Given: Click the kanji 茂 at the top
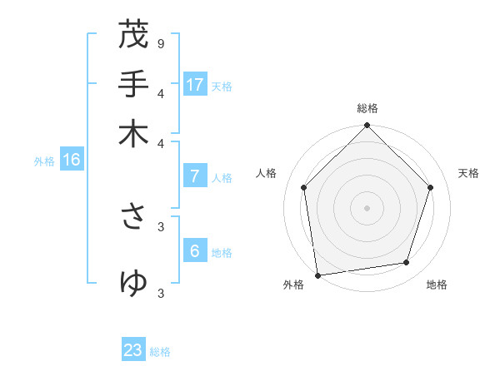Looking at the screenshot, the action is coord(133,35).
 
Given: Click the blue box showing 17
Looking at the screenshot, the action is coord(195,85).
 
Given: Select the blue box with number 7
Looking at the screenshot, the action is coord(194,176).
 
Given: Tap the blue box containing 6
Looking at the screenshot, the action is coord(194,251).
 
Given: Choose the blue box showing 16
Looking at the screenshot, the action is coord(72,161).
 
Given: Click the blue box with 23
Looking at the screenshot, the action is coord(133,350).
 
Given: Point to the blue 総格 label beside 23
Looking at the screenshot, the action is coord(160,352).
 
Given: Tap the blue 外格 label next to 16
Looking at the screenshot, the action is coord(44,161).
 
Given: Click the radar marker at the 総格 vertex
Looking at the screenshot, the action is coord(367,126).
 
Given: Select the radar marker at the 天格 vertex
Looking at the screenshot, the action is coord(431,187).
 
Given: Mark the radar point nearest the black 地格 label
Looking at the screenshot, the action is coord(407,263).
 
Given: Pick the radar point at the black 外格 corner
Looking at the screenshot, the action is coord(317,275).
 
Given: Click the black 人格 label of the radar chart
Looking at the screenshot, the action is coord(267,173).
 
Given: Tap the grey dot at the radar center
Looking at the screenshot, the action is coord(367,207).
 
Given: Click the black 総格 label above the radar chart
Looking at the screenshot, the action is coord(367,108).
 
